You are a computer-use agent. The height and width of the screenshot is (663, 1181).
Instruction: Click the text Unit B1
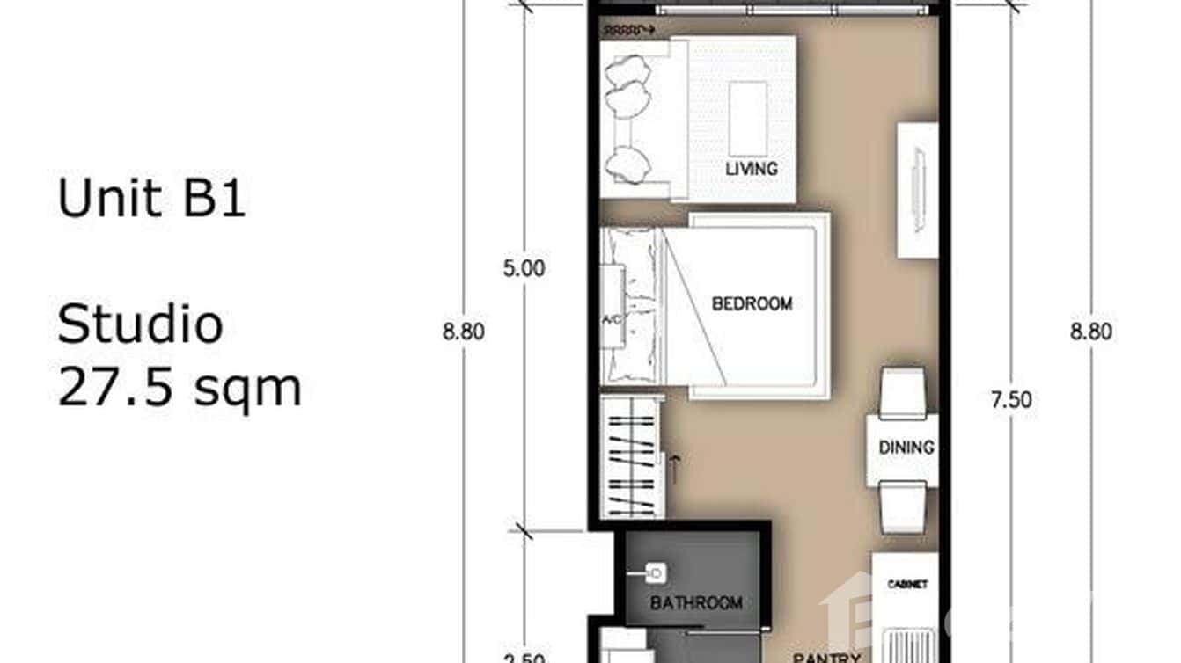[151, 198]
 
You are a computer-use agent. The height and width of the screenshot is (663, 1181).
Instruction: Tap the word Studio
[140, 325]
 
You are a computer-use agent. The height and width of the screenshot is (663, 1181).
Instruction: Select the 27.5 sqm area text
[180, 387]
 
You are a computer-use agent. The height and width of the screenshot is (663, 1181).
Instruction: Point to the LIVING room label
[752, 168]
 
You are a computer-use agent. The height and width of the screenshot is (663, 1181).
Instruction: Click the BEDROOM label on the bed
[752, 304]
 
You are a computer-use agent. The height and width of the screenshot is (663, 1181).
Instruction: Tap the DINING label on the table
[906, 448]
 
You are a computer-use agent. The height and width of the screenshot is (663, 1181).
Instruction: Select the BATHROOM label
[696, 603]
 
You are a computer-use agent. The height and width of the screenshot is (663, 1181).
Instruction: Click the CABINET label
[907, 585]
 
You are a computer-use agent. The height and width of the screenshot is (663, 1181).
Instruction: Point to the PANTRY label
[825, 657]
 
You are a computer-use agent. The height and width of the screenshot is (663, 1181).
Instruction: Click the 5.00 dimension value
[524, 269]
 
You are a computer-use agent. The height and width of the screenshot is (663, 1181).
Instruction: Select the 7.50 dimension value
[1011, 401]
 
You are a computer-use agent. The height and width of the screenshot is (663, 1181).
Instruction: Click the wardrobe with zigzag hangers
[631, 457]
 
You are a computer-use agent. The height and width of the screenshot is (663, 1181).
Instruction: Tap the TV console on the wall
[917, 190]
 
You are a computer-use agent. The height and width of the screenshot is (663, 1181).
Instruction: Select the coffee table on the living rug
[747, 119]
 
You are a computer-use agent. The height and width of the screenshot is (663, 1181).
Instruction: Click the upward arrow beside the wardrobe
[674, 469]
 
